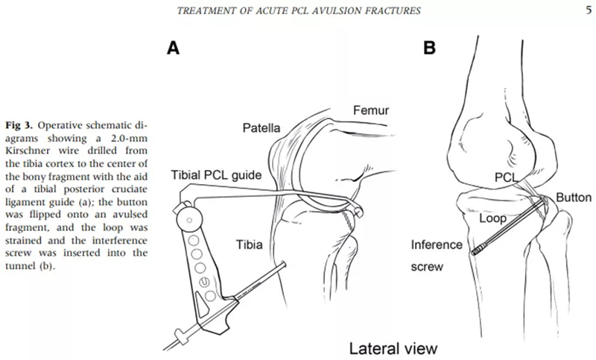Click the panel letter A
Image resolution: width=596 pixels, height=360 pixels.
pos(173,48)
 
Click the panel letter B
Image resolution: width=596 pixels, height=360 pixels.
pos(429,48)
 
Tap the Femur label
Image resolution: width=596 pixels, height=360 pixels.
pos(370,112)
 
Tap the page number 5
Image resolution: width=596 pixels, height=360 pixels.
pos(588,9)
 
